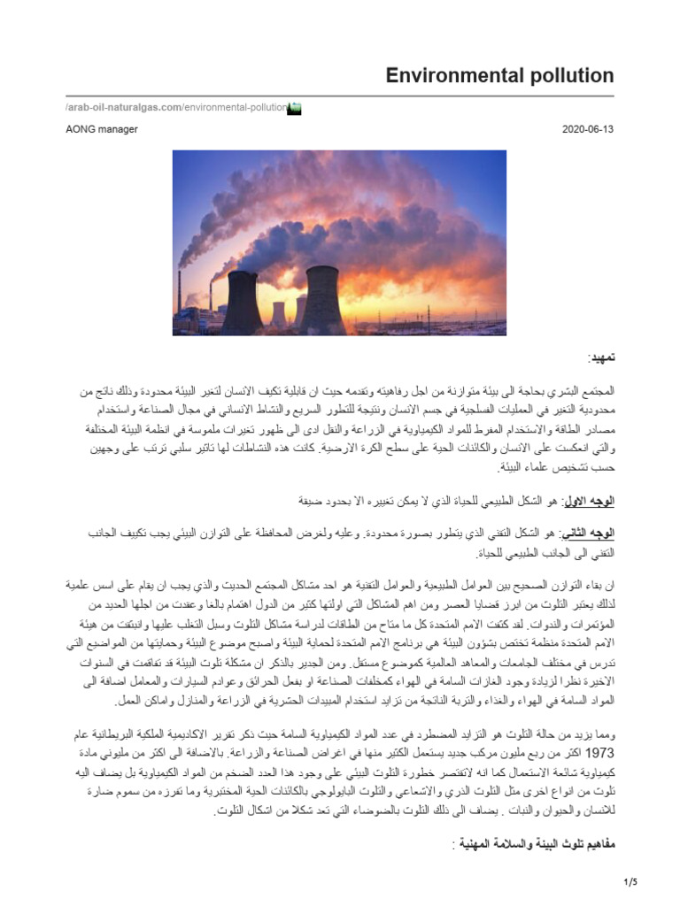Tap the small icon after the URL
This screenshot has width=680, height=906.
click(x=296, y=108)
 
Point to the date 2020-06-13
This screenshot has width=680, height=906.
click(x=587, y=129)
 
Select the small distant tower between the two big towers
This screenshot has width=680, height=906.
click(x=278, y=314)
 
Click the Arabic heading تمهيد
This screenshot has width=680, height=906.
click(x=600, y=358)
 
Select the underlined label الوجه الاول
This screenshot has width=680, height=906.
click(x=588, y=501)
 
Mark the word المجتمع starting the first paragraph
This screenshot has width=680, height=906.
click(x=593, y=390)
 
